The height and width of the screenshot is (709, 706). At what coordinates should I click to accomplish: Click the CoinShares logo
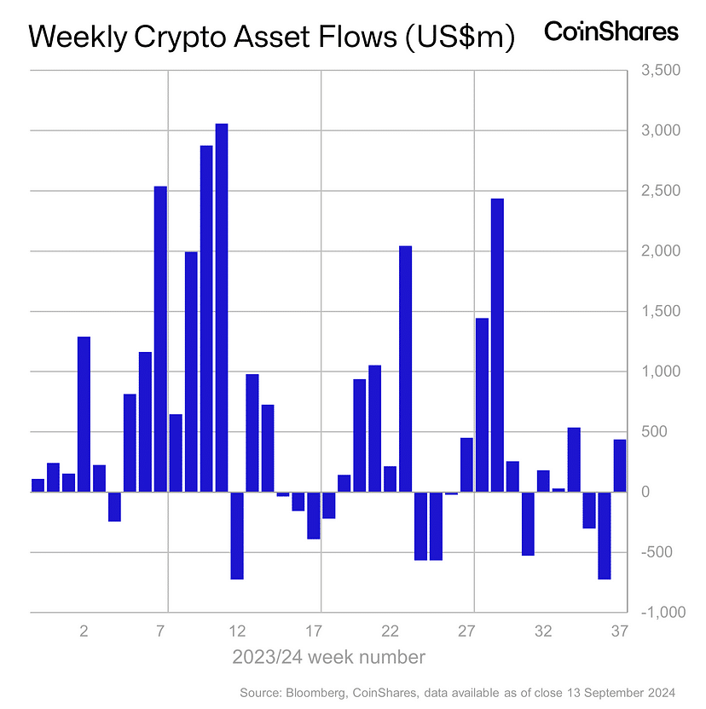(611, 32)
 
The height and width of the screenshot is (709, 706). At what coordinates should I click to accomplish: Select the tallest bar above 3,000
(222, 307)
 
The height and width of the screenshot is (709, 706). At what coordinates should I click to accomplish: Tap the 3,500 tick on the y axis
(657, 71)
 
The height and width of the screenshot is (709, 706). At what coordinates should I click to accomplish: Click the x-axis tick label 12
(237, 632)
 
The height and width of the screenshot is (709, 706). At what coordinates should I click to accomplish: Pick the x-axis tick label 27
(466, 632)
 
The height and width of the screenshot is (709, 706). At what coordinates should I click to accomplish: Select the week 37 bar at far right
(620, 465)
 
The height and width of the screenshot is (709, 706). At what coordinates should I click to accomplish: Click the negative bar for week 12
(237, 535)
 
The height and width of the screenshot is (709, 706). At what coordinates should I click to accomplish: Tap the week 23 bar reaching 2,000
(406, 368)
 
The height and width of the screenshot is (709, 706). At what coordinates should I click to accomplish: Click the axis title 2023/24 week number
(328, 658)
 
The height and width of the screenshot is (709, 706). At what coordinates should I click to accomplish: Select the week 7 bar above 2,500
(160, 338)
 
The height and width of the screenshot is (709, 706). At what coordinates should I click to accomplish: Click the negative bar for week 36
(605, 535)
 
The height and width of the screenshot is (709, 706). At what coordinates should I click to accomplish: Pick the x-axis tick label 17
(314, 632)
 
